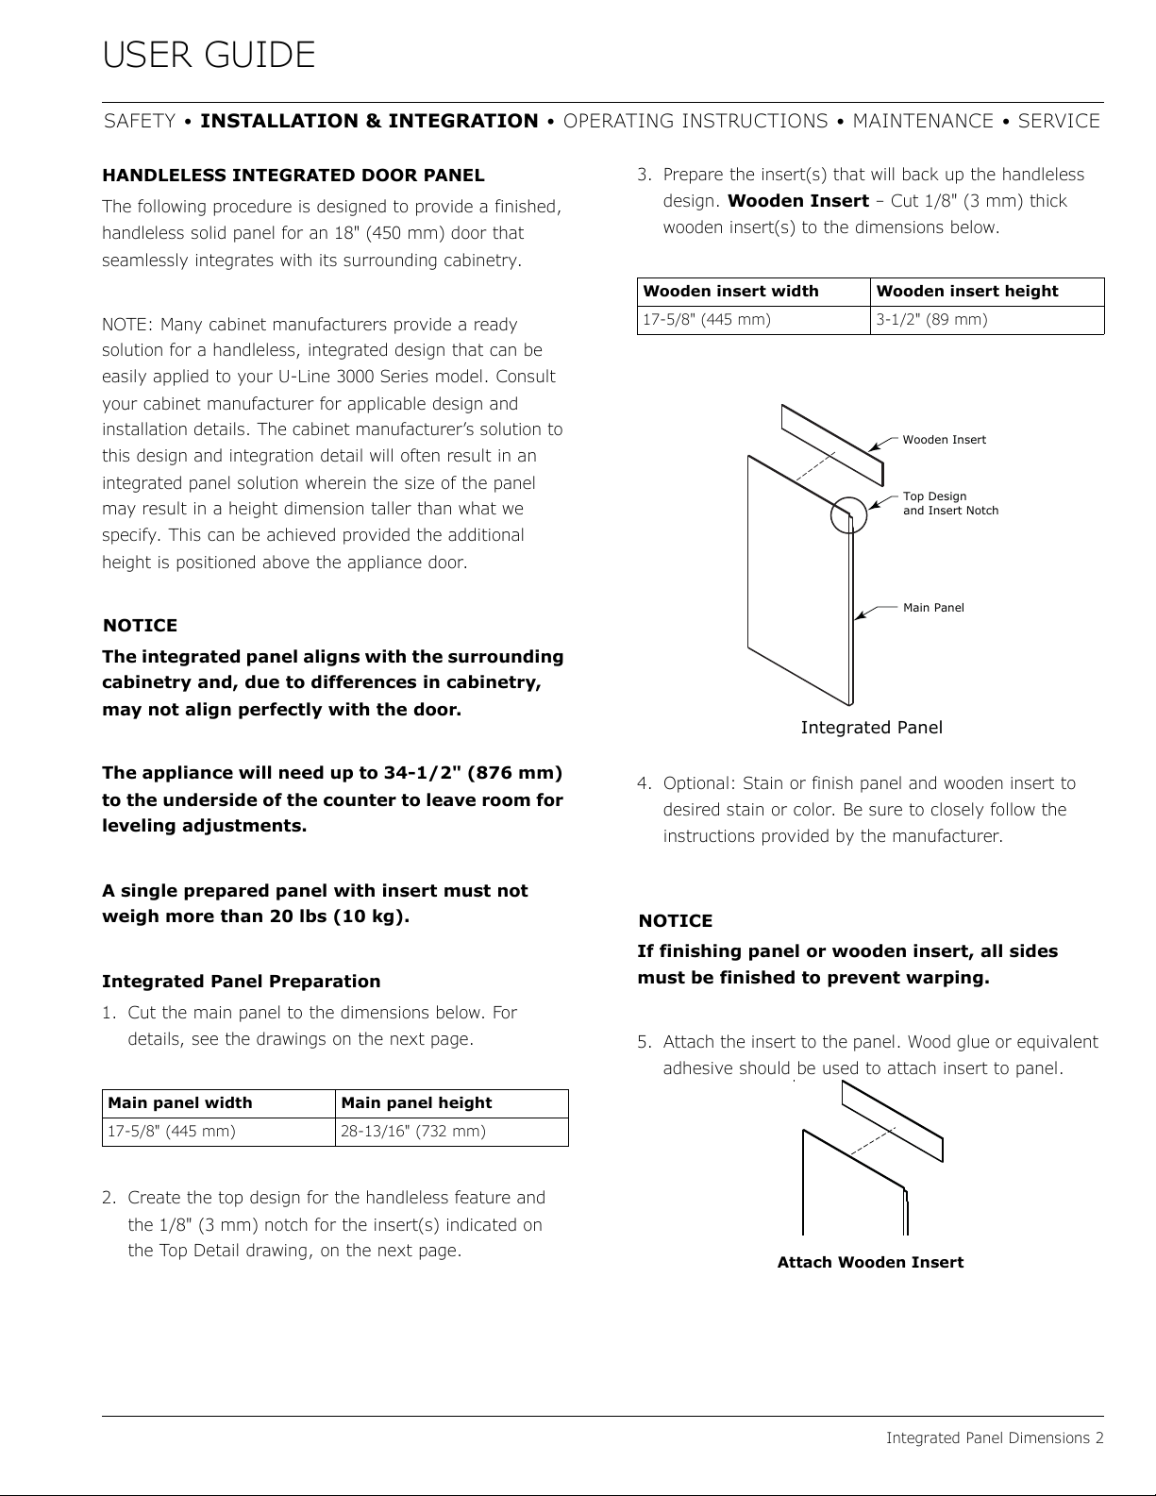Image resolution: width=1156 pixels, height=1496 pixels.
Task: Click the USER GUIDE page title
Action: [x=209, y=56]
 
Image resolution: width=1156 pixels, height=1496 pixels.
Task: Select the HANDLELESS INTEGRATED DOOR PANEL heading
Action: [x=293, y=176]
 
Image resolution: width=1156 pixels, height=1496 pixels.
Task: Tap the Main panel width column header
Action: [x=180, y=1103]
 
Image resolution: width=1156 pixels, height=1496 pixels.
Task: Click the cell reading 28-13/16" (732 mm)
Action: [x=413, y=1131]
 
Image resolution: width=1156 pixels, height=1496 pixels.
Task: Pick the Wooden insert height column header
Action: [x=967, y=292]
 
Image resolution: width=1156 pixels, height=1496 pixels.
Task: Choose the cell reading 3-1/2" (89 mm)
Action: [x=931, y=320]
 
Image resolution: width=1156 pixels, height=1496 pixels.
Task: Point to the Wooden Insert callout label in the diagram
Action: [x=944, y=440]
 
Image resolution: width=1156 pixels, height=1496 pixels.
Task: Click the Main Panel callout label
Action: [x=933, y=608]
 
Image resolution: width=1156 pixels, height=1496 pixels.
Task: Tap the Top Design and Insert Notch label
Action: [x=949, y=503]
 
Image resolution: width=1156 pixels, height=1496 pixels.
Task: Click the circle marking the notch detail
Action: [x=848, y=514]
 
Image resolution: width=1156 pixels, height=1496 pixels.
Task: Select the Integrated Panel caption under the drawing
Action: [x=871, y=728]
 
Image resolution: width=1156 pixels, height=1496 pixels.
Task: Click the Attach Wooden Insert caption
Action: [x=870, y=1263]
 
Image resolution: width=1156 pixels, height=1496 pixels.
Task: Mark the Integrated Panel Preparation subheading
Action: [x=241, y=982]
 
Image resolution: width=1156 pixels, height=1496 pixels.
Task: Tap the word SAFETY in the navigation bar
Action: [x=140, y=121]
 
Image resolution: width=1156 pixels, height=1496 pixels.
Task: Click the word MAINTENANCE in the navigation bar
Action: [x=922, y=121]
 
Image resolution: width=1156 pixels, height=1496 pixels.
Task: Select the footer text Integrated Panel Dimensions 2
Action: [x=995, y=1438]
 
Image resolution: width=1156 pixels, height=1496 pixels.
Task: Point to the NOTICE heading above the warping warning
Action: [x=675, y=921]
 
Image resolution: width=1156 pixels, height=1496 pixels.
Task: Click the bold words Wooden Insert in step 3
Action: [x=798, y=201]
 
